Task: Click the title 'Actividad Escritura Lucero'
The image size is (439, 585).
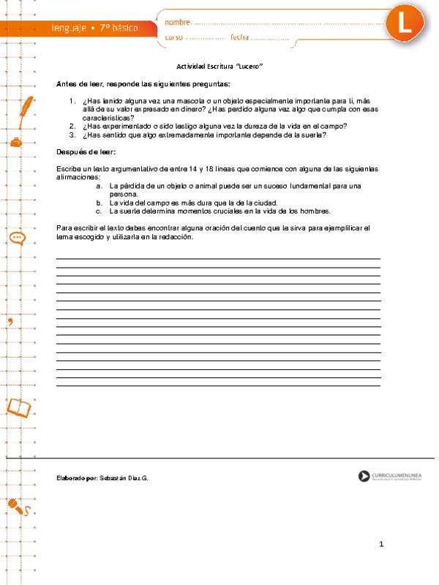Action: click(219, 66)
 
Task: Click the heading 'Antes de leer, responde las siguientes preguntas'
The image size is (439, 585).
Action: click(143, 83)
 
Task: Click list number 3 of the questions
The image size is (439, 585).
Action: click(72, 135)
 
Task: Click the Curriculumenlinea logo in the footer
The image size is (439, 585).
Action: click(394, 477)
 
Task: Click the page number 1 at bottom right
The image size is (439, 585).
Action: click(381, 544)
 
